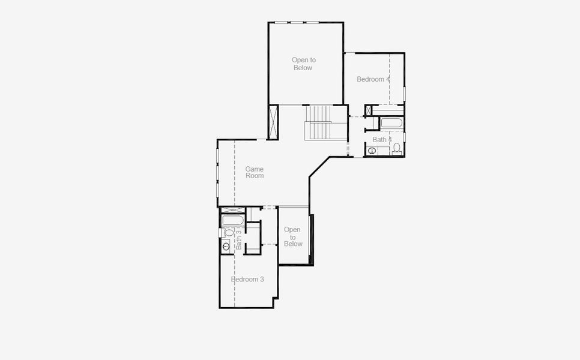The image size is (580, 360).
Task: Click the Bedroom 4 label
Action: [x=373, y=79]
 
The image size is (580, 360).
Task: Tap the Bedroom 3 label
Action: [x=247, y=280]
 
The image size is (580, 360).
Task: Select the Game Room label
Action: [x=255, y=173]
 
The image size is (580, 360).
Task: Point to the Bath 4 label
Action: [x=382, y=140]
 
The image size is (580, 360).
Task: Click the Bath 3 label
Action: [x=238, y=238]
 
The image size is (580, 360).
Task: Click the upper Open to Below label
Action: [x=303, y=64]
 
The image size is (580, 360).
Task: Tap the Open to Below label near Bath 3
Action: [x=292, y=236]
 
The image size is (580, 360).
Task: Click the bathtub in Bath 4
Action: [x=391, y=124]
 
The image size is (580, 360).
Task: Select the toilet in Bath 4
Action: [x=397, y=149]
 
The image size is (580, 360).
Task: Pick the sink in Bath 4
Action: [x=372, y=151]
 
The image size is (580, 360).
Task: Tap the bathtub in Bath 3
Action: [x=231, y=220]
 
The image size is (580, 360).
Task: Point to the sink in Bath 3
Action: [x=226, y=246]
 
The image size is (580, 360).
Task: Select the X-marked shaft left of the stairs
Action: [x=274, y=122]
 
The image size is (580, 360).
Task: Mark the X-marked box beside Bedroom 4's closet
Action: [x=369, y=110]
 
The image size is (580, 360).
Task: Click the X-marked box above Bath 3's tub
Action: [x=232, y=209]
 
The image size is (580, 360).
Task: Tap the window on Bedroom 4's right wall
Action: [x=404, y=94]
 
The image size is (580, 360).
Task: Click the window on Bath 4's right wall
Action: [x=404, y=137]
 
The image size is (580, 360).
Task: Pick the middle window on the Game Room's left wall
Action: [x=217, y=172]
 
